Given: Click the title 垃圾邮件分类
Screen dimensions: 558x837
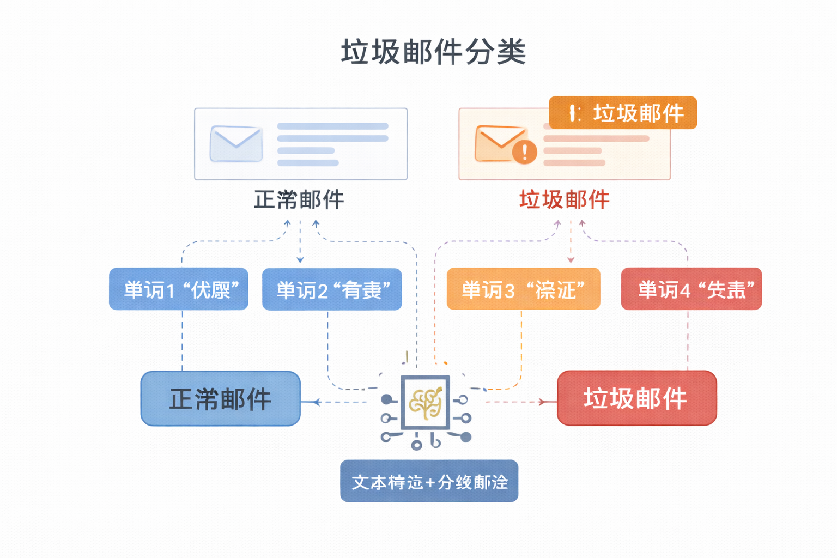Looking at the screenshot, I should point(433,53).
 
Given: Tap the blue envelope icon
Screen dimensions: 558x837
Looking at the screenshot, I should point(236,144).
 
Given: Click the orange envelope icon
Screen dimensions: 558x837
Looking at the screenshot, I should point(500,143).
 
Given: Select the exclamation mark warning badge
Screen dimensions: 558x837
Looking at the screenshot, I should point(525,151).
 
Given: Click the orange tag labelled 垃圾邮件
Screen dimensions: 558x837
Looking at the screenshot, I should point(623,113).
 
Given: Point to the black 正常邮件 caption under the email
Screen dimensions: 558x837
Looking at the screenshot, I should point(299,200).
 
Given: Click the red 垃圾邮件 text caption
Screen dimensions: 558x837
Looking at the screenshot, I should point(564,200).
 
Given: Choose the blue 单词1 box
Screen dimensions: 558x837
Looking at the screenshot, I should point(179,289).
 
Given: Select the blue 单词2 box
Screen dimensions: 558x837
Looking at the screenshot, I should point(332,289).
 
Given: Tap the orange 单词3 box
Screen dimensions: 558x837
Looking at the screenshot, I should point(523,289).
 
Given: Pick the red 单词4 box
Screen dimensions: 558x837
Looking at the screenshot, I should point(692,289).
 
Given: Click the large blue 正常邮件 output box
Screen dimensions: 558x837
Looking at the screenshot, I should point(221,399).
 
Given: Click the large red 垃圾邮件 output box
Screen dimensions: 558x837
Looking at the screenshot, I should point(636,398).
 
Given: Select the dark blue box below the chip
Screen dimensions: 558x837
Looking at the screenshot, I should point(429,481).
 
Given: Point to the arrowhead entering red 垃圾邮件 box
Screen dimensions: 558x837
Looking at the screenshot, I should point(542,402).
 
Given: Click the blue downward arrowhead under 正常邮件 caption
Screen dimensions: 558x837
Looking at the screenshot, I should point(300,260).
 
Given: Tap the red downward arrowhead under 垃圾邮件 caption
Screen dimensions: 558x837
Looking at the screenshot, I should point(571,260).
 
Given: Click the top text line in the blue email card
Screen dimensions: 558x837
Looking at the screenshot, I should point(332,126).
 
